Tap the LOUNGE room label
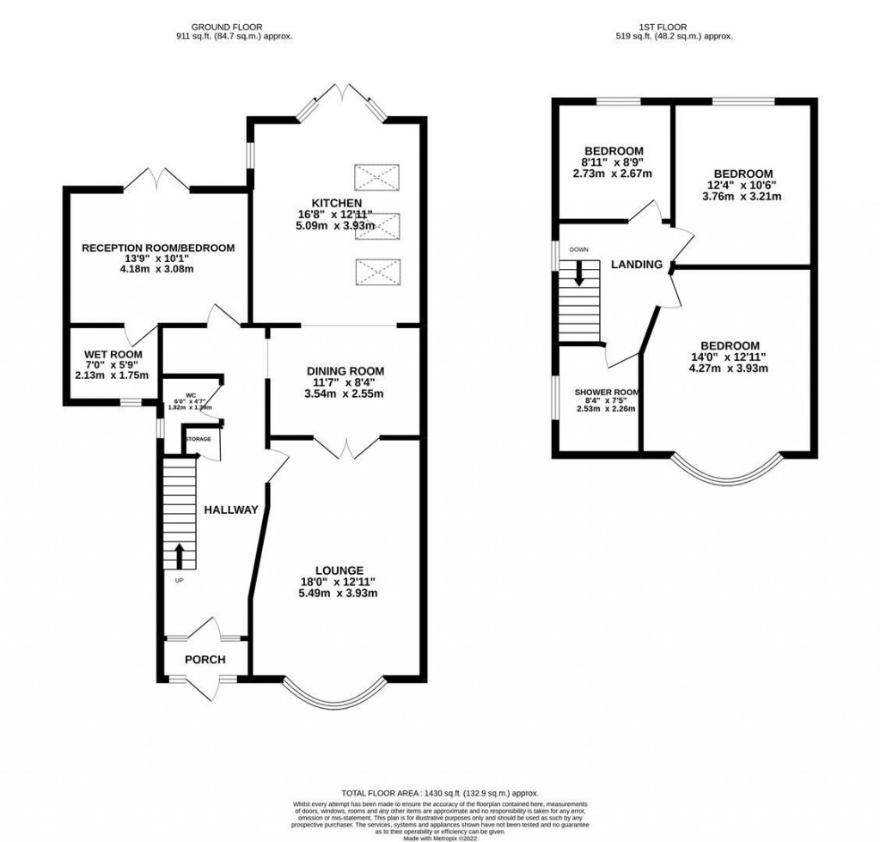[338, 570]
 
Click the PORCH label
[205, 659]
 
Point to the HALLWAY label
[230, 509]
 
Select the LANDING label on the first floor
[636, 265]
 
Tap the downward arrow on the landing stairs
[579, 272]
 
